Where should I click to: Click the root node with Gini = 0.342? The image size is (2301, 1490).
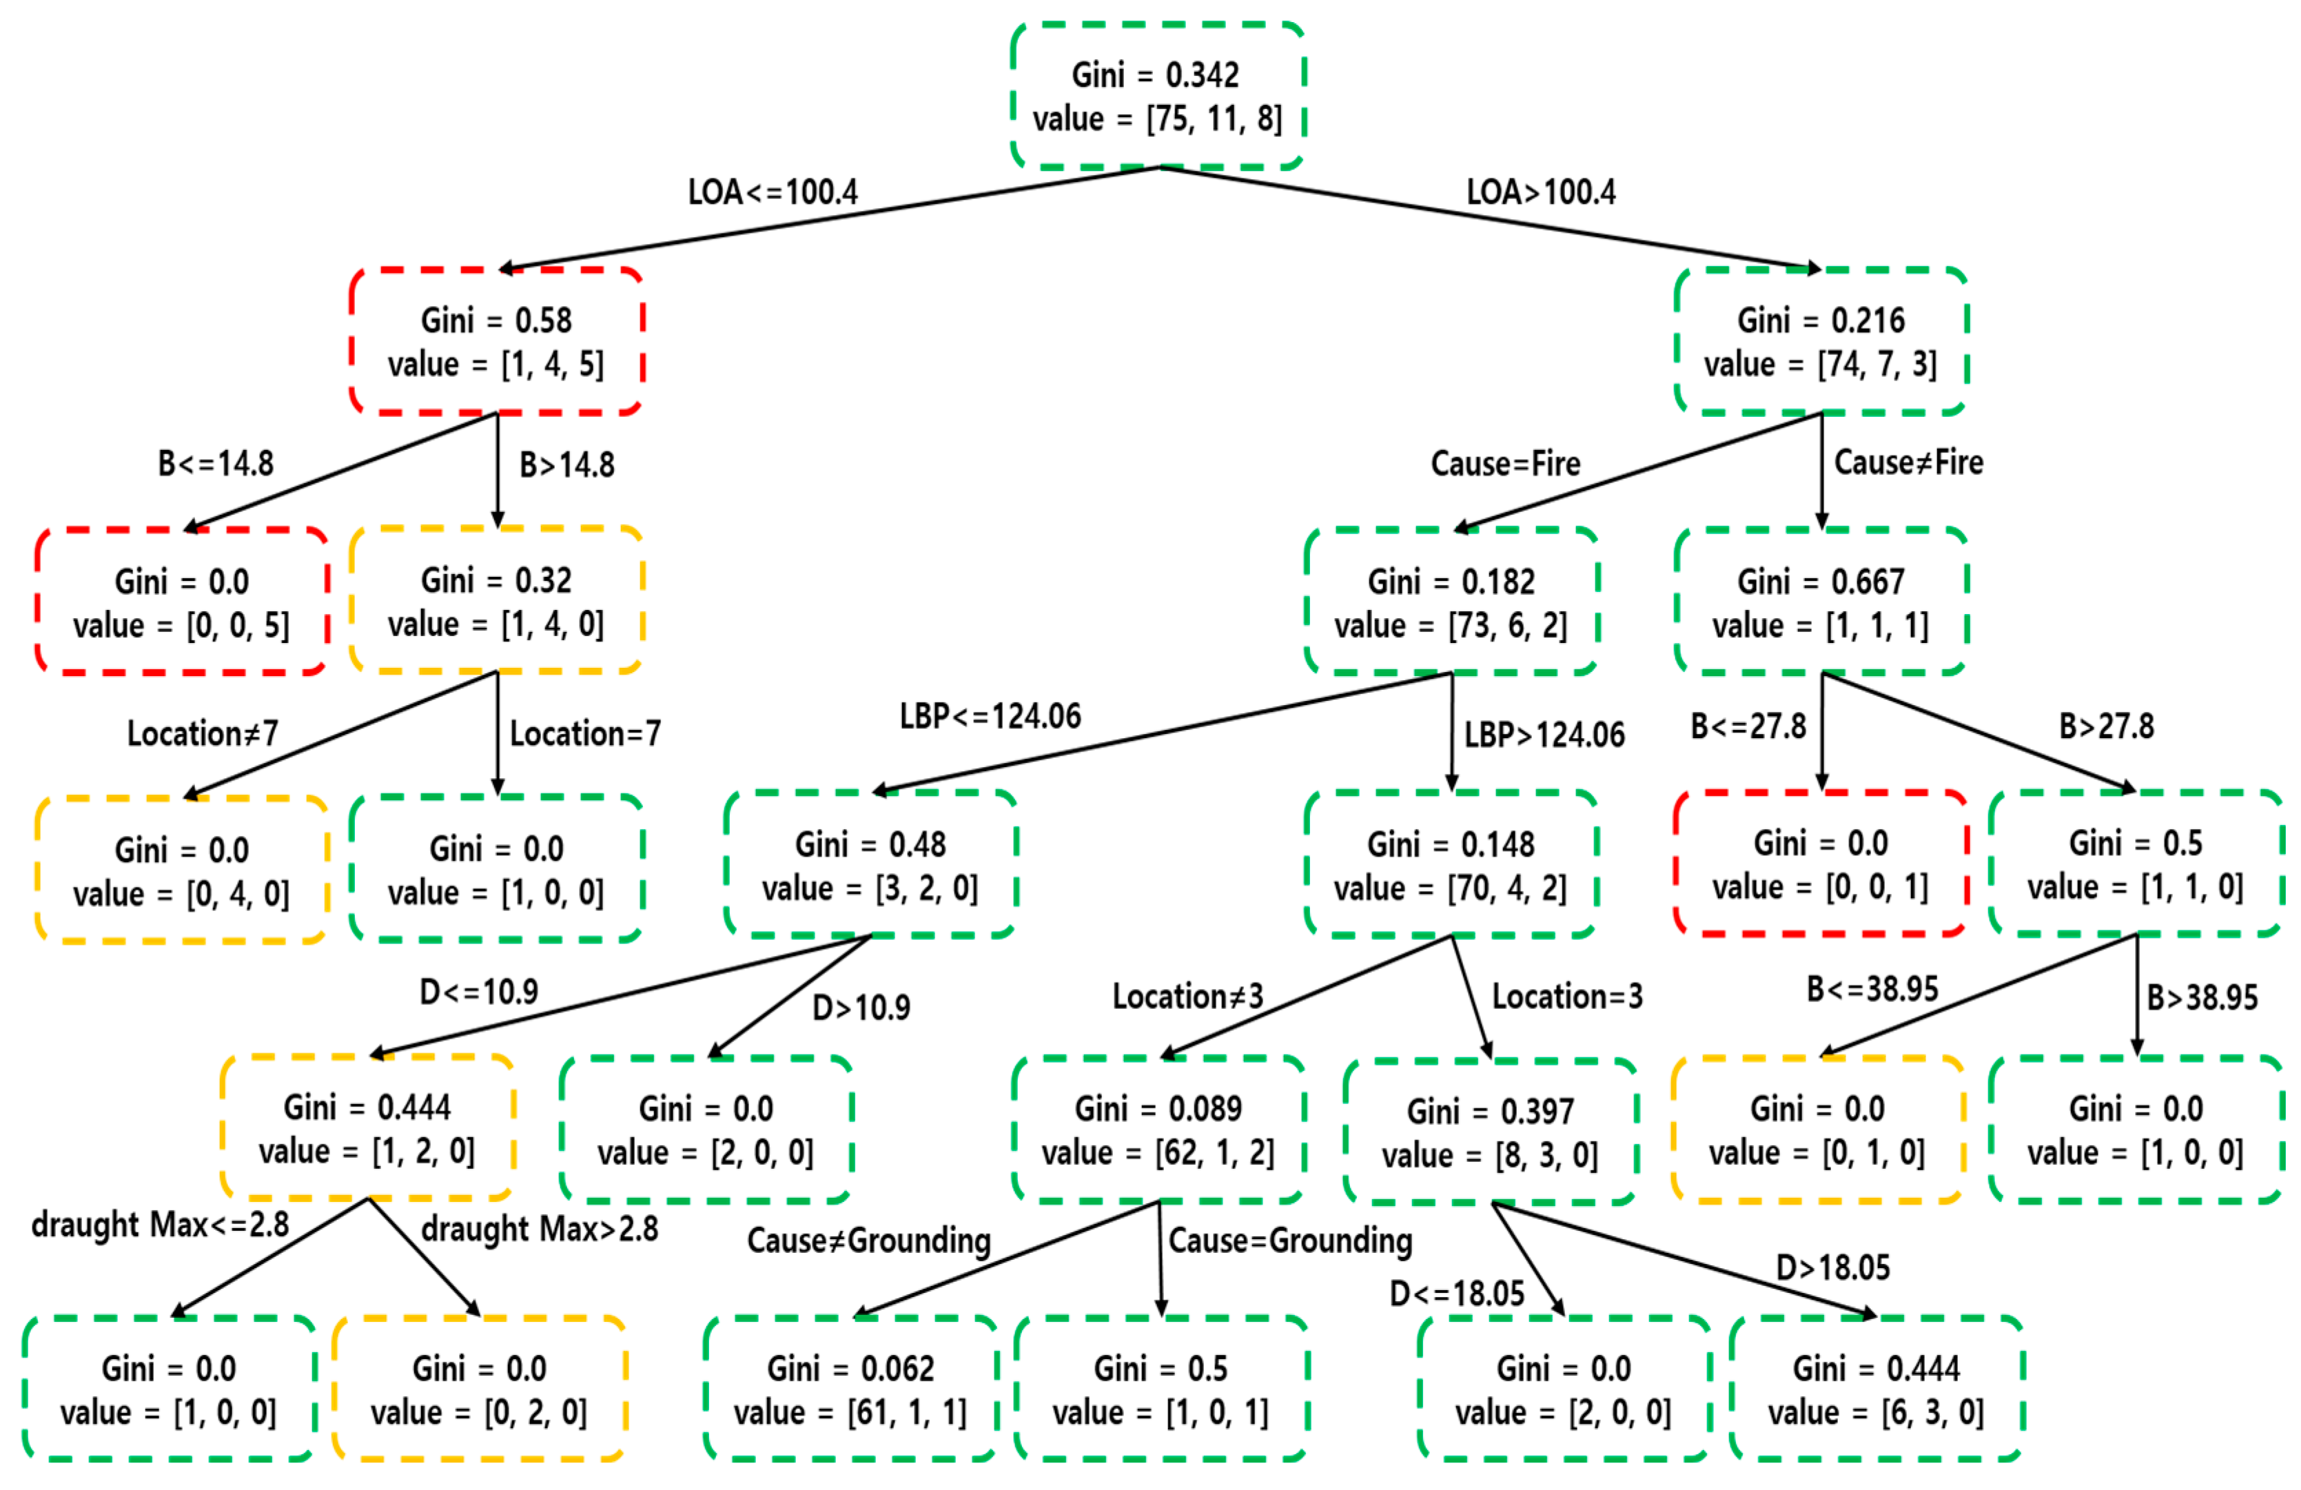coord(1157,96)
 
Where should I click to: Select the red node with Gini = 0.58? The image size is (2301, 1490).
coord(496,341)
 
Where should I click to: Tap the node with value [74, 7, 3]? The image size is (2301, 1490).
coord(1821,341)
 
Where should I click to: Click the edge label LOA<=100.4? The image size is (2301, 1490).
coord(773,192)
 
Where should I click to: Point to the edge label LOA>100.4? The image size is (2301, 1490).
coord(1540,192)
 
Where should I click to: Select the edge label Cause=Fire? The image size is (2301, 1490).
coord(1505,463)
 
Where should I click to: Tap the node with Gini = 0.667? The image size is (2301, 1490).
coord(1821,602)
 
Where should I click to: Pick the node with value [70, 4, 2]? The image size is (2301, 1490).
coord(1450,866)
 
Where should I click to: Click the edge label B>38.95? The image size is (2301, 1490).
coord(2201,997)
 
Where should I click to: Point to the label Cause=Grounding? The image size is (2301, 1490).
coord(1290,1240)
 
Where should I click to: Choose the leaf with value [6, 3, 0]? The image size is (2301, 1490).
coord(1876,1389)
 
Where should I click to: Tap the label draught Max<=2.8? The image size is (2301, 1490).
coord(161,1224)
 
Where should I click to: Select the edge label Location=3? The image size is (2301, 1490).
coord(1567,996)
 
